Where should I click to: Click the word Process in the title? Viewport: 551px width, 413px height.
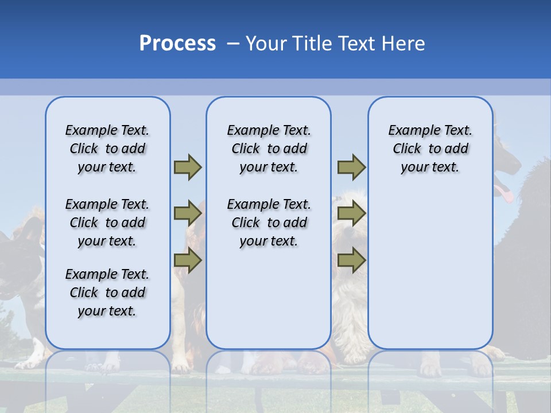pos(177,44)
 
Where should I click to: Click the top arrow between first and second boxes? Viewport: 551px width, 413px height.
pos(188,167)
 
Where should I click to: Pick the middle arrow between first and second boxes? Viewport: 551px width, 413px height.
pos(188,213)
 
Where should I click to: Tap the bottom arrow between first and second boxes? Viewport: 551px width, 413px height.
pos(188,260)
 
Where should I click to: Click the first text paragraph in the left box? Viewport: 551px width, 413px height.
pos(107,149)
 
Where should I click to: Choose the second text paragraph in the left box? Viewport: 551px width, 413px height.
pos(107,223)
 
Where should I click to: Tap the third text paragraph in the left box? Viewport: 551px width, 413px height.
pos(107,293)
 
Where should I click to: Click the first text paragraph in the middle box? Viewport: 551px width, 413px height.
pos(269,149)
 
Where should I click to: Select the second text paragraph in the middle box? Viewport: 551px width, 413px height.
pos(269,223)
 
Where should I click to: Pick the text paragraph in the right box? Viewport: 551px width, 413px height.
pos(430,149)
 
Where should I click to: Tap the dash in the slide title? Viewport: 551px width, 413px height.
pos(233,44)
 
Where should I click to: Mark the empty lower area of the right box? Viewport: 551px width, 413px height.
pos(430,275)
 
